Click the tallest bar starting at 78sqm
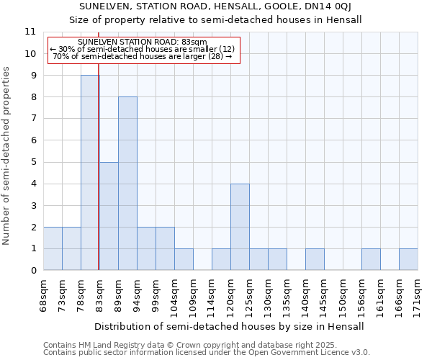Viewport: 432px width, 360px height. [x=90, y=173]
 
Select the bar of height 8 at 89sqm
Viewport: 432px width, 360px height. [x=127, y=184]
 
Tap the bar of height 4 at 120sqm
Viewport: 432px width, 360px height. [x=240, y=227]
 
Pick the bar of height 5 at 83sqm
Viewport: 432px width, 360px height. [x=109, y=216]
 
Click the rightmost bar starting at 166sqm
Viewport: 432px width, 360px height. [x=408, y=259]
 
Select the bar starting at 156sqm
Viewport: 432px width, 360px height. [x=371, y=259]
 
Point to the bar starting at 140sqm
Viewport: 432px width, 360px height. [x=315, y=259]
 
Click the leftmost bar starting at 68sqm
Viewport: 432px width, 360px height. [x=53, y=248]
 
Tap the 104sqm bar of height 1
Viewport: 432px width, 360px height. [x=184, y=259]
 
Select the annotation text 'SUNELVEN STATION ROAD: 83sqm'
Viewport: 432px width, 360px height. [x=142, y=42]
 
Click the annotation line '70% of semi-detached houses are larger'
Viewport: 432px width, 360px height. [x=142, y=56]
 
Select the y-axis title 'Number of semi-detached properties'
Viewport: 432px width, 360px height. [x=7, y=156]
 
